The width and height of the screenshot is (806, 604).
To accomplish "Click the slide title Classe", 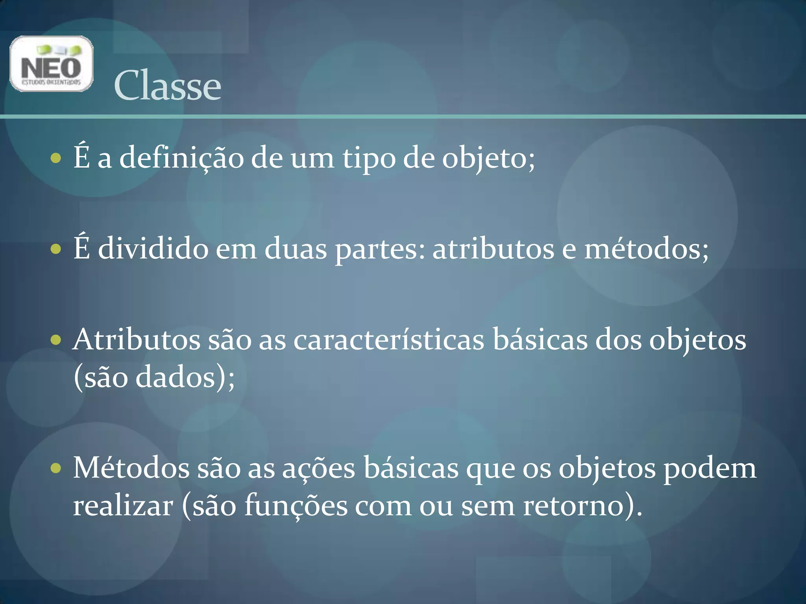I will (167, 85).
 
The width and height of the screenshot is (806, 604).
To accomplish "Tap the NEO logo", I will (51, 64).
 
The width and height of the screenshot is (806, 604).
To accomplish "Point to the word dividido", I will (153, 249).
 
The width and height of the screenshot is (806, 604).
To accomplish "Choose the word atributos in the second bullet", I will (493, 249).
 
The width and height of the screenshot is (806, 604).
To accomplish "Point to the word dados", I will (176, 377).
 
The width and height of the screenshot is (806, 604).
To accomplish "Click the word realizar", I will (123, 506).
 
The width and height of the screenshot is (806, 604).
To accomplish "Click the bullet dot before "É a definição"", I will (56, 158).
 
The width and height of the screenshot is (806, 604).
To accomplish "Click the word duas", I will (296, 249).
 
